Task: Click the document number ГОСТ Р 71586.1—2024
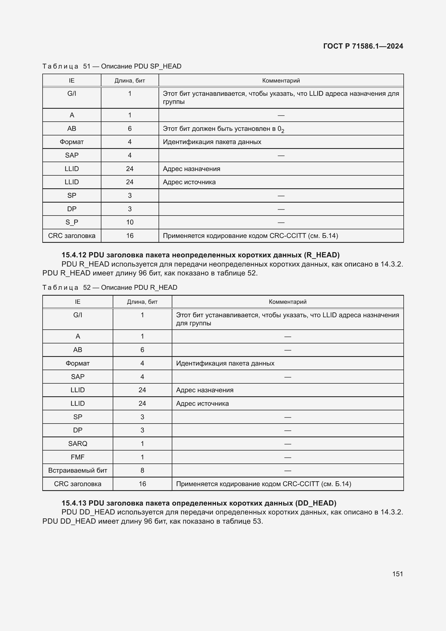point(363,46)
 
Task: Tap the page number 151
point(397,574)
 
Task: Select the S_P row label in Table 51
point(72,222)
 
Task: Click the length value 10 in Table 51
point(130,222)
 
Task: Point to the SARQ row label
point(77,444)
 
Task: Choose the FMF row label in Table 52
point(77,457)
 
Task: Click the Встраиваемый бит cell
point(77,470)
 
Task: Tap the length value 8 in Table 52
point(142,470)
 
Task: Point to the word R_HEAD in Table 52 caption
point(163,288)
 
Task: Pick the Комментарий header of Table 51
point(281,80)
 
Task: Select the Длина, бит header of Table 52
point(142,302)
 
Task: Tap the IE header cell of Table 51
point(72,80)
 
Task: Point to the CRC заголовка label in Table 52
point(77,484)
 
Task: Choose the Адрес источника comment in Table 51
point(189,182)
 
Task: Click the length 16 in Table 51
point(130,236)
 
